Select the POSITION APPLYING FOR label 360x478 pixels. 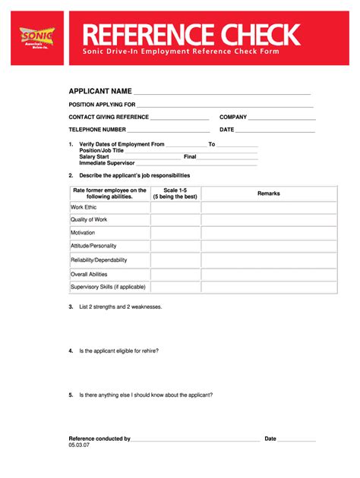(x=102, y=105)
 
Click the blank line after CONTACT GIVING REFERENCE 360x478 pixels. (x=179, y=118)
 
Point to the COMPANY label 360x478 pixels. (x=233, y=118)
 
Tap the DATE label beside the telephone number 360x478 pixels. (x=227, y=130)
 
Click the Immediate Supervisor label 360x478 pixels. (x=107, y=162)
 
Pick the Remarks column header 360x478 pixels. (x=269, y=193)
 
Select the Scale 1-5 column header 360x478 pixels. (x=175, y=193)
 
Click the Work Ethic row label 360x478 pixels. (x=84, y=207)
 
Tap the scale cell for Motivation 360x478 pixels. (x=175, y=233)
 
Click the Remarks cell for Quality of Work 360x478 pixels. (x=269, y=220)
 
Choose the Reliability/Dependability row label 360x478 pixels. (x=99, y=260)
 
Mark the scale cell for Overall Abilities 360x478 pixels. (x=175, y=274)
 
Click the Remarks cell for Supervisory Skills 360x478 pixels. (x=269, y=287)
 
